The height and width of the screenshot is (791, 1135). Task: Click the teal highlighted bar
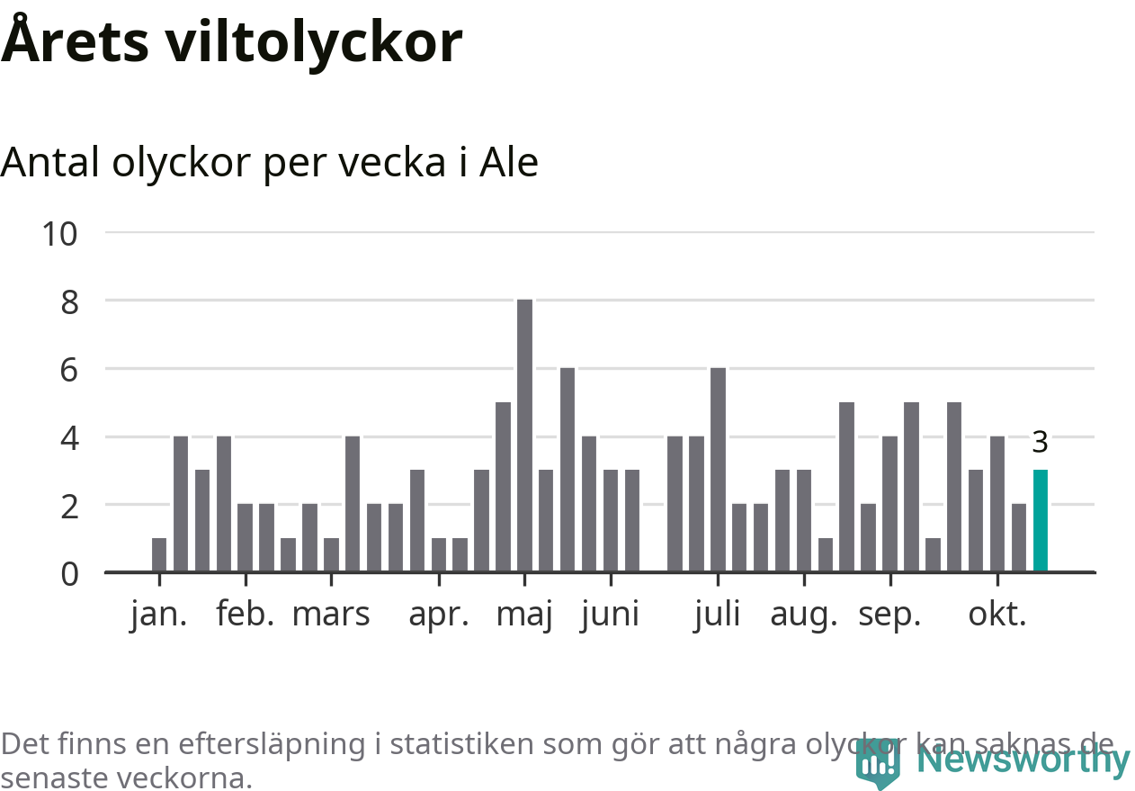(x=1041, y=520)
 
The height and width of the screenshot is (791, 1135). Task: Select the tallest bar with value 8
(x=525, y=436)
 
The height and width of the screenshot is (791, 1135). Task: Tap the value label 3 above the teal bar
(x=1040, y=443)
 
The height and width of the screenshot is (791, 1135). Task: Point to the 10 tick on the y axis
(x=60, y=234)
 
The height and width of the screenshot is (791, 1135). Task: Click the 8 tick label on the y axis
(x=69, y=301)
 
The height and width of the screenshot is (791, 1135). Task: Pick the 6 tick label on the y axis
(x=69, y=370)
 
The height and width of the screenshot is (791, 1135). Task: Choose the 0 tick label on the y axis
(x=69, y=573)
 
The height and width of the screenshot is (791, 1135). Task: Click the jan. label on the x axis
(x=159, y=614)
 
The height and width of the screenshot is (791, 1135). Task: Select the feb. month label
(x=245, y=614)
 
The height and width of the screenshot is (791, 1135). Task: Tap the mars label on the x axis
(x=331, y=614)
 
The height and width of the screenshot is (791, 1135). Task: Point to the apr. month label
(x=439, y=614)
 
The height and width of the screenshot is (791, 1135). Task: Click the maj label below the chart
(x=524, y=616)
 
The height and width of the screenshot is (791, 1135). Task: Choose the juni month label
(x=610, y=614)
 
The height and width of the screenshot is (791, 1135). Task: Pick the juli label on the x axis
(x=717, y=614)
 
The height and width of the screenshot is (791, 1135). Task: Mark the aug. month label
(x=803, y=616)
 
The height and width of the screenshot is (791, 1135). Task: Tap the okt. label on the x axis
(x=996, y=614)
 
